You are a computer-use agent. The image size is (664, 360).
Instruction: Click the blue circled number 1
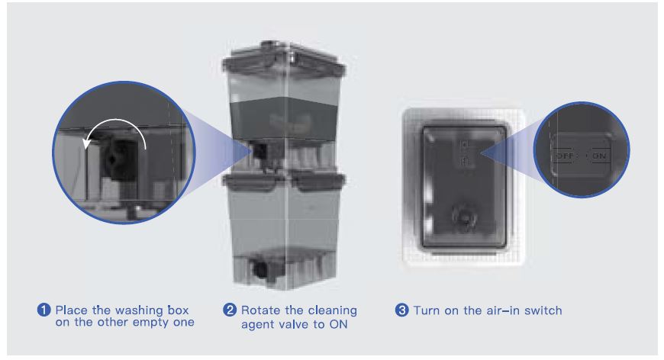[44, 310]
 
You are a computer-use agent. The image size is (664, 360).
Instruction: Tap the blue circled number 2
[230, 310]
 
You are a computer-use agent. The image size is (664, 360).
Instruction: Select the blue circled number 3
[401, 310]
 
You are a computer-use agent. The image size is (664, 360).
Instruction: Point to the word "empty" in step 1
[149, 323]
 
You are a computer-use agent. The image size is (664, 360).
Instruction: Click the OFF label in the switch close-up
[565, 156]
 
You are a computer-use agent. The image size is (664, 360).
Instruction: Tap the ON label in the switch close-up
[599, 156]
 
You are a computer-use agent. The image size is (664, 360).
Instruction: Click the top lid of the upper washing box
[284, 59]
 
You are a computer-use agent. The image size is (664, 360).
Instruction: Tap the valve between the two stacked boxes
[259, 153]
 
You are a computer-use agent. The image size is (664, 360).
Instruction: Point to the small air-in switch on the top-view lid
[466, 153]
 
